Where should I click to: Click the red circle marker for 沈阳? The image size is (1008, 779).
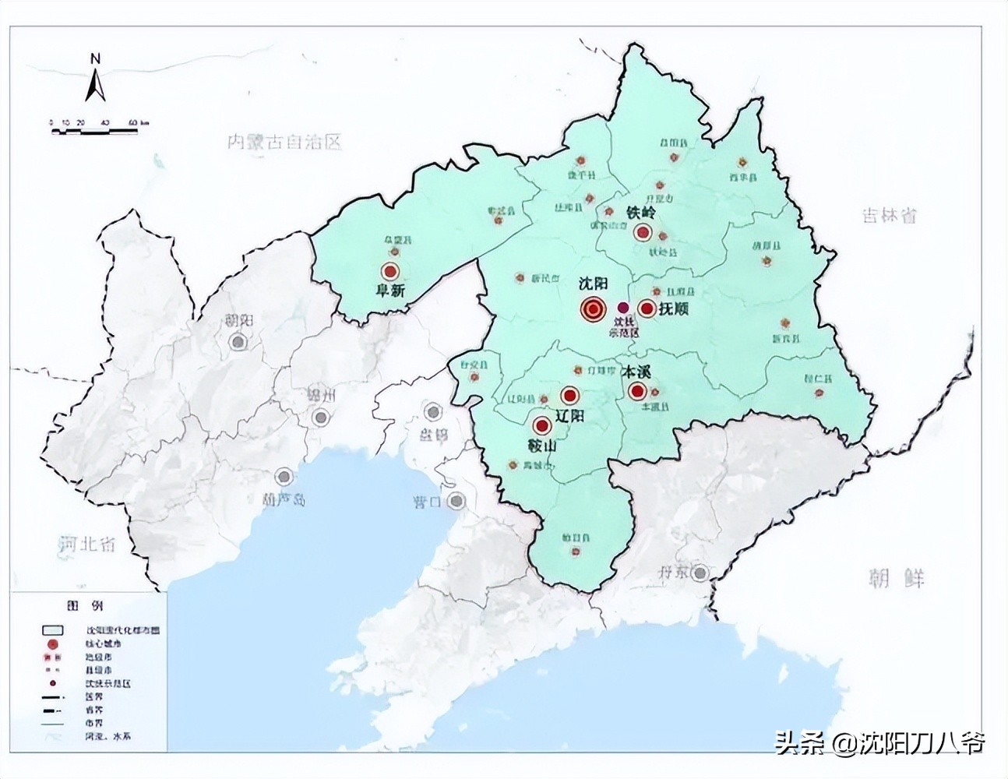593,309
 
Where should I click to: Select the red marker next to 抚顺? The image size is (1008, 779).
647,308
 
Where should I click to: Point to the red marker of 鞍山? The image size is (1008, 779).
541,426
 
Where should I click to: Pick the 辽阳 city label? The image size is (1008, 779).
569,415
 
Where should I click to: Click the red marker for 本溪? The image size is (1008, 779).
637,391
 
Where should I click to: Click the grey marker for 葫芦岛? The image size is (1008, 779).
286,476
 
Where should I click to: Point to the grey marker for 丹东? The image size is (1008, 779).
701,573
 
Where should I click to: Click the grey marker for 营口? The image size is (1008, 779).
457,500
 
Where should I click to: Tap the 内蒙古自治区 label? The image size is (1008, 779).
284,142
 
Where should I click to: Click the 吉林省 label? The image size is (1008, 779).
889,216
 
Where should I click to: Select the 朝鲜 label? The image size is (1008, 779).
897,578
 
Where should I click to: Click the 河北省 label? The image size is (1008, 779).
87,542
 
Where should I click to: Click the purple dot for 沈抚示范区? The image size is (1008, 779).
622,308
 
